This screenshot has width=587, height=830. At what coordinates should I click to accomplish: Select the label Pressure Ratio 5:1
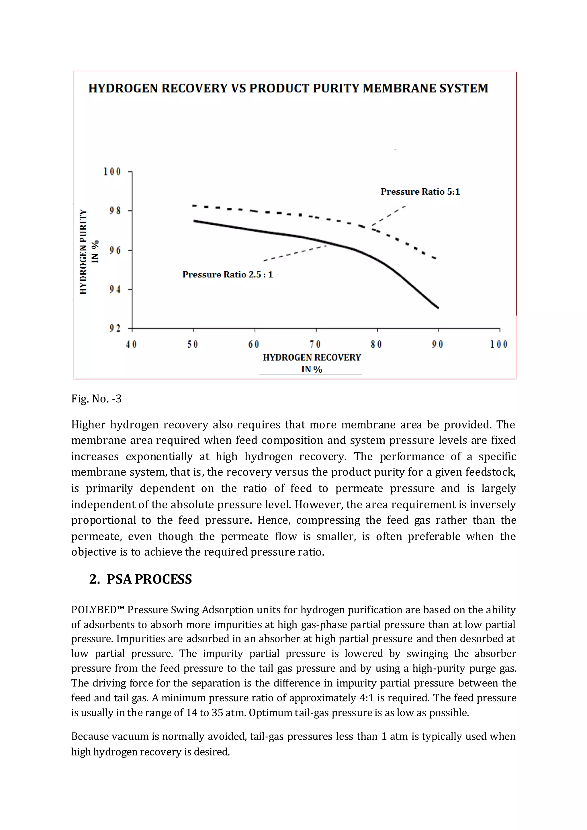coord(420,192)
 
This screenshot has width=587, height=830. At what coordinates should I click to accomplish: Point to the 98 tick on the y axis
coord(115,210)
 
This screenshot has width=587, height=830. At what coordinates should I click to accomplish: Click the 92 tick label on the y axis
coord(115,328)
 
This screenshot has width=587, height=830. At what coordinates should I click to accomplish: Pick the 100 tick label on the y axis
coord(112,171)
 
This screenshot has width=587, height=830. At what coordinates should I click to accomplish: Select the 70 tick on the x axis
coord(315,344)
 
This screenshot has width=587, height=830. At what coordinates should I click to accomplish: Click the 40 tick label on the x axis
coord(131,344)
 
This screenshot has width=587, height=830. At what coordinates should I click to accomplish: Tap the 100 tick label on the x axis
coord(499,344)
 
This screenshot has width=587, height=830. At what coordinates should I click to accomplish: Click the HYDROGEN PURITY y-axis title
coord(83,252)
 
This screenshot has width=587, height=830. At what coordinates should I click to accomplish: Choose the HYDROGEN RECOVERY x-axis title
coord(312,357)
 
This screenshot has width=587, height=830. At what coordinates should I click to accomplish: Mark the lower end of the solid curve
coord(438,308)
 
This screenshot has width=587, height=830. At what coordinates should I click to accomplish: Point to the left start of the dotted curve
coord(194,206)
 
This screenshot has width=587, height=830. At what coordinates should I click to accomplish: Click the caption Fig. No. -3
coord(96,399)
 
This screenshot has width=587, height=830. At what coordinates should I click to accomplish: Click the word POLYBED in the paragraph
coord(94,610)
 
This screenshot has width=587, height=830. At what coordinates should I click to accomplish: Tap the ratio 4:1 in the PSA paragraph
coord(367,698)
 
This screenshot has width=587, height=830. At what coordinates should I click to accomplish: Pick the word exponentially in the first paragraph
coord(159,456)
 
